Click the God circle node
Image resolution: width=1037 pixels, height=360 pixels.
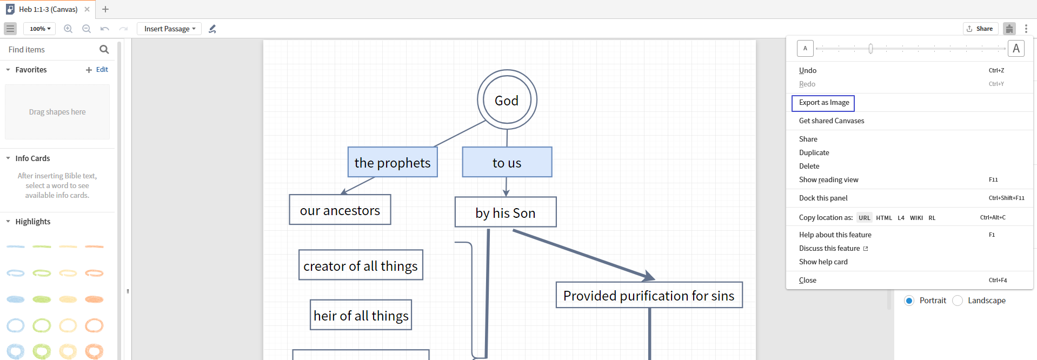[507, 100]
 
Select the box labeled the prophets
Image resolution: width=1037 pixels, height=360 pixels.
[393, 162]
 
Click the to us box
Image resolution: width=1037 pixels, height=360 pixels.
[507, 162]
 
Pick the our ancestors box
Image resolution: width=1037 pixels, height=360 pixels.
[340, 210]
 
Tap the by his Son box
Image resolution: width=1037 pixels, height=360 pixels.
[506, 212]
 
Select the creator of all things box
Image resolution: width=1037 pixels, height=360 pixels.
[361, 265]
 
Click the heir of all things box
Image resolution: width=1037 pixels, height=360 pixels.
[361, 315]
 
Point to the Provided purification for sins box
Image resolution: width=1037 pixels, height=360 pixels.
[649, 295]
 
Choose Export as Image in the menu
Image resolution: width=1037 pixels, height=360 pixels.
[823, 103]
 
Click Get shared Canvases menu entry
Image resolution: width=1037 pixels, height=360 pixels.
[832, 121]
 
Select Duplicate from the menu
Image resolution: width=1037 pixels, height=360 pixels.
[814, 153]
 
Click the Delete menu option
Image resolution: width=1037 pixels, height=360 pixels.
[809, 166]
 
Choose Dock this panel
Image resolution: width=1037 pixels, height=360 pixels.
[823, 198]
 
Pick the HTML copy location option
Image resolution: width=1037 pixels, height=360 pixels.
[884, 218]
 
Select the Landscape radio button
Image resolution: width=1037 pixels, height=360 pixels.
[958, 301]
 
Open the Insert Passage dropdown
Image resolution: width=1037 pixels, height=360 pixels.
[169, 29]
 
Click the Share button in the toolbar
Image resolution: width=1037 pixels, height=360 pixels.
[980, 29]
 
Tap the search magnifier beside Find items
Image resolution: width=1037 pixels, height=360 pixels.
[104, 50]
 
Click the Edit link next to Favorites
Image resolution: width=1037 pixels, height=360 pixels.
[102, 70]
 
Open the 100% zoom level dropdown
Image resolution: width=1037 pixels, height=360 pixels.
[39, 29]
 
